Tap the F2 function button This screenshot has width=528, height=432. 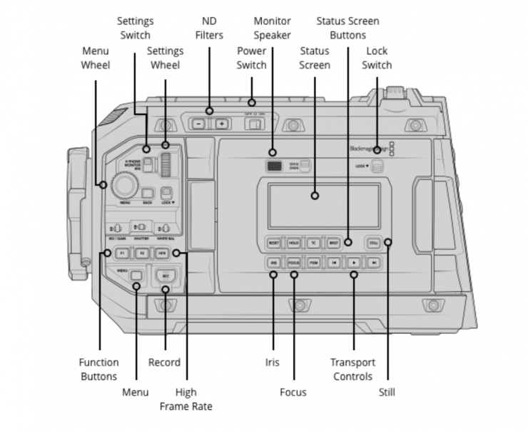coord(141,253)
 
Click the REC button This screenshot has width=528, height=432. coord(165,275)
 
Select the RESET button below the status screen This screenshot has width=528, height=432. coord(273,243)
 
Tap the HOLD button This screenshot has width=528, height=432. coord(293,243)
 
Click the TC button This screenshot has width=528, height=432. coord(313,243)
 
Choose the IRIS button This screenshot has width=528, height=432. coord(273,263)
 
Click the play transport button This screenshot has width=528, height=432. coord(353,263)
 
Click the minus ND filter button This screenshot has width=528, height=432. coord(198,124)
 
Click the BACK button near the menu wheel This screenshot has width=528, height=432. coord(148,192)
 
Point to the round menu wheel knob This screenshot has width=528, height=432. coord(126,186)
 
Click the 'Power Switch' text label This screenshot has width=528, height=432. coord(251,58)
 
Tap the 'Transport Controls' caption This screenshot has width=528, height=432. coord(352,369)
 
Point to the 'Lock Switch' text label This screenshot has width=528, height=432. coord(377,58)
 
